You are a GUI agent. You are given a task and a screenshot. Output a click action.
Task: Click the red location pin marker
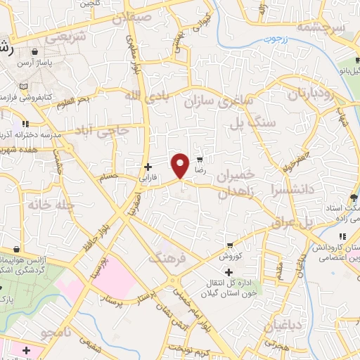point(181,165)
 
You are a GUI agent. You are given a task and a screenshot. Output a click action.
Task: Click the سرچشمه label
point(321,28)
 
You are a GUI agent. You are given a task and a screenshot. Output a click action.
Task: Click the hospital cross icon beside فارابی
point(147,167)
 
